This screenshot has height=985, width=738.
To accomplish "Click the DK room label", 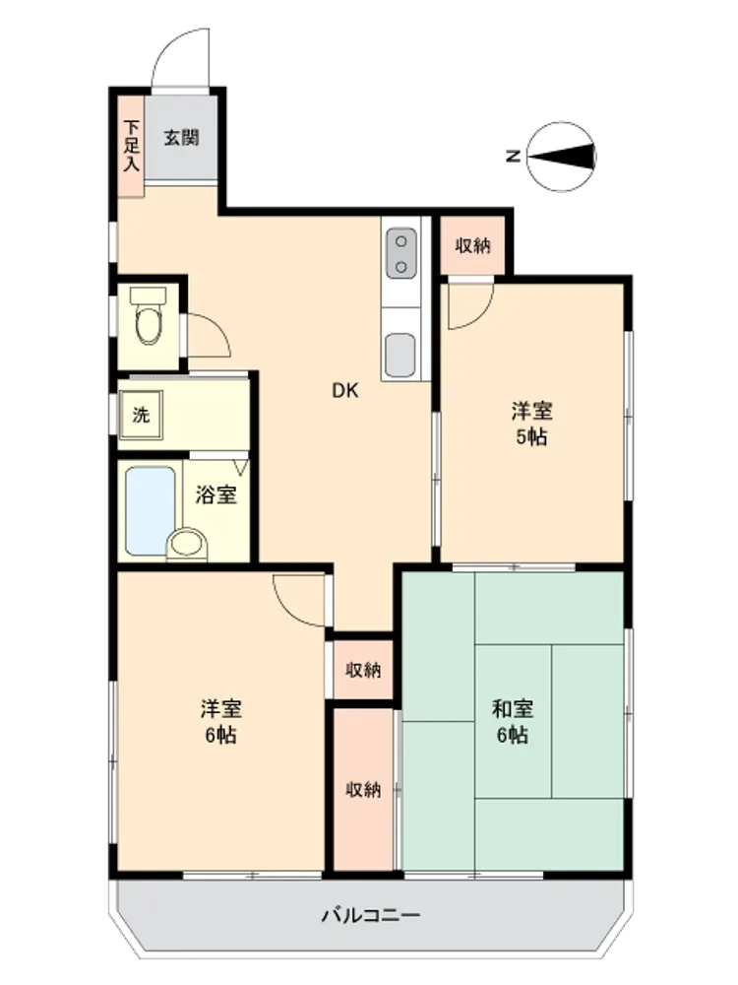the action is click(x=344, y=391).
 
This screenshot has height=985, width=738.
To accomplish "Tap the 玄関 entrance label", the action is click(x=182, y=137).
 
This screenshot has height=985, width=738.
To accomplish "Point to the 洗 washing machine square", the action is click(x=141, y=416).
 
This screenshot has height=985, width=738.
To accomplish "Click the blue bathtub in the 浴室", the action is click(x=150, y=510).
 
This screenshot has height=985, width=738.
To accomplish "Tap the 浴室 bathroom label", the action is click(x=215, y=494).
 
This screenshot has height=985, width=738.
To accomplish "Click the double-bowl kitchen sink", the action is click(x=401, y=253).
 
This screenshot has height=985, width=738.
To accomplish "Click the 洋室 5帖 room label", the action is click(x=531, y=424).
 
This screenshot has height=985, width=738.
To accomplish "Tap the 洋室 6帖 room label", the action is click(x=220, y=722).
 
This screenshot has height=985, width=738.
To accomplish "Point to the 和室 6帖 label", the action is click(x=513, y=722).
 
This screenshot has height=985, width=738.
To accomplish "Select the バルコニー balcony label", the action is click(x=371, y=915).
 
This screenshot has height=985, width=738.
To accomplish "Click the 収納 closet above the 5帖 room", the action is click(x=472, y=245).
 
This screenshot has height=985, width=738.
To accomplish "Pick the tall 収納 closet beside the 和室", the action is click(x=363, y=790).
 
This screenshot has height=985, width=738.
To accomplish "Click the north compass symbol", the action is click(x=562, y=157).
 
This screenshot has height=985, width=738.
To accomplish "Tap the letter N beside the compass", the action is click(x=514, y=156).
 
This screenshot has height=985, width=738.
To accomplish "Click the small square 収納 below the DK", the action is click(x=363, y=670).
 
